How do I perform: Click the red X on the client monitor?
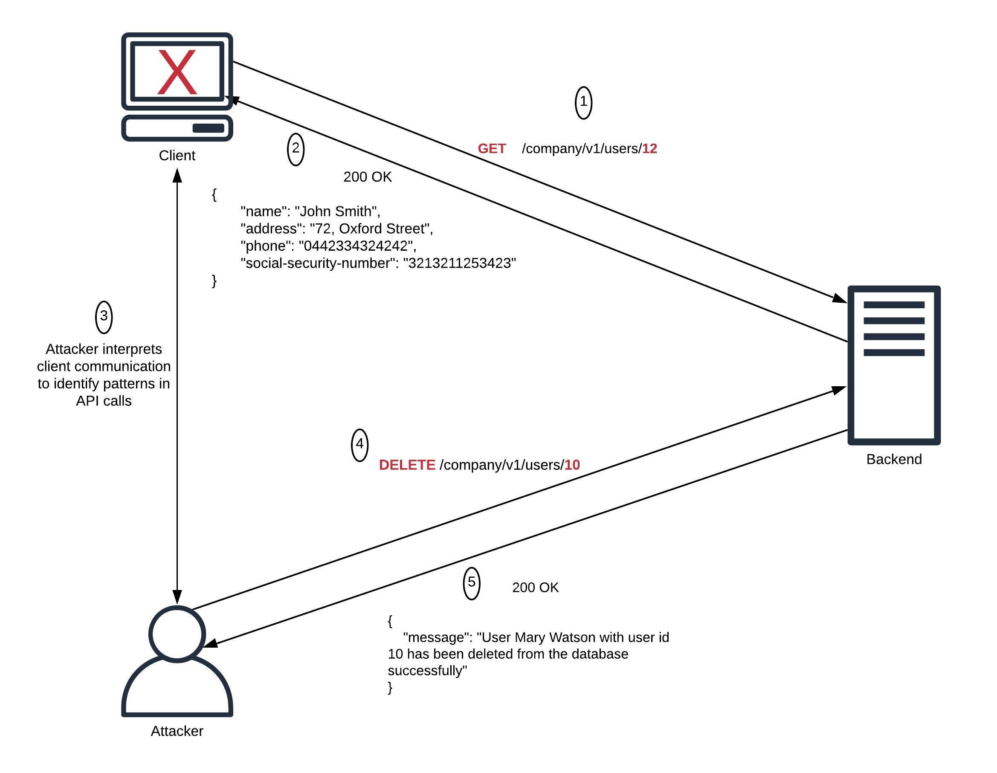click(x=177, y=72)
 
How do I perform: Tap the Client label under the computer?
click(x=177, y=156)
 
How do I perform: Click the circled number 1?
click(x=583, y=102)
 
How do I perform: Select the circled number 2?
click(x=296, y=149)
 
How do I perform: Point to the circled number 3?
click(x=104, y=316)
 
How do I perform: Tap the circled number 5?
click(x=471, y=583)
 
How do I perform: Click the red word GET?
click(x=491, y=149)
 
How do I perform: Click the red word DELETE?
click(x=407, y=465)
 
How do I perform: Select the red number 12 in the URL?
click(x=649, y=149)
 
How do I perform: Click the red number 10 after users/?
click(x=572, y=465)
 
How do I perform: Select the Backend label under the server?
click(x=893, y=459)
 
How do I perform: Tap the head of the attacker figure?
click(x=177, y=634)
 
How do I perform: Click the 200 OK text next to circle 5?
click(x=535, y=588)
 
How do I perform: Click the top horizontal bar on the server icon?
click(x=893, y=305)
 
